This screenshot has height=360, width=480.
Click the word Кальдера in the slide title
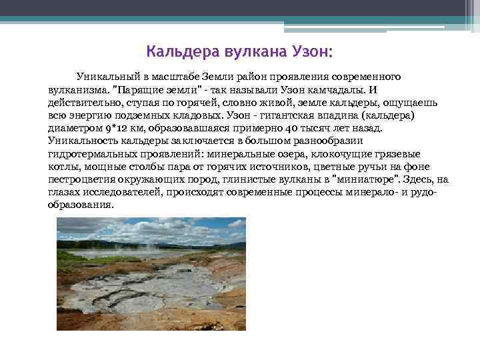[176, 51]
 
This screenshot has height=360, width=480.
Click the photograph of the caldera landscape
[151, 274]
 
